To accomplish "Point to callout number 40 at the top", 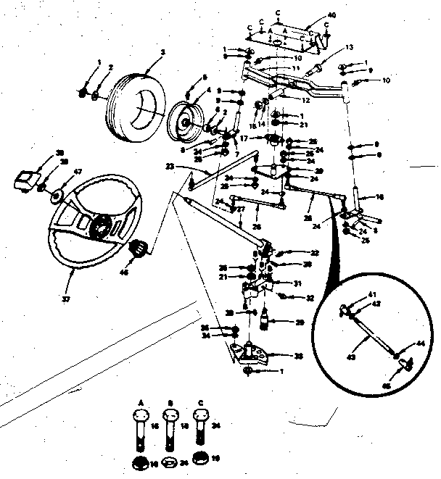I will tap(333, 14).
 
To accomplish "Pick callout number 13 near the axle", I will tap(349, 47).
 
